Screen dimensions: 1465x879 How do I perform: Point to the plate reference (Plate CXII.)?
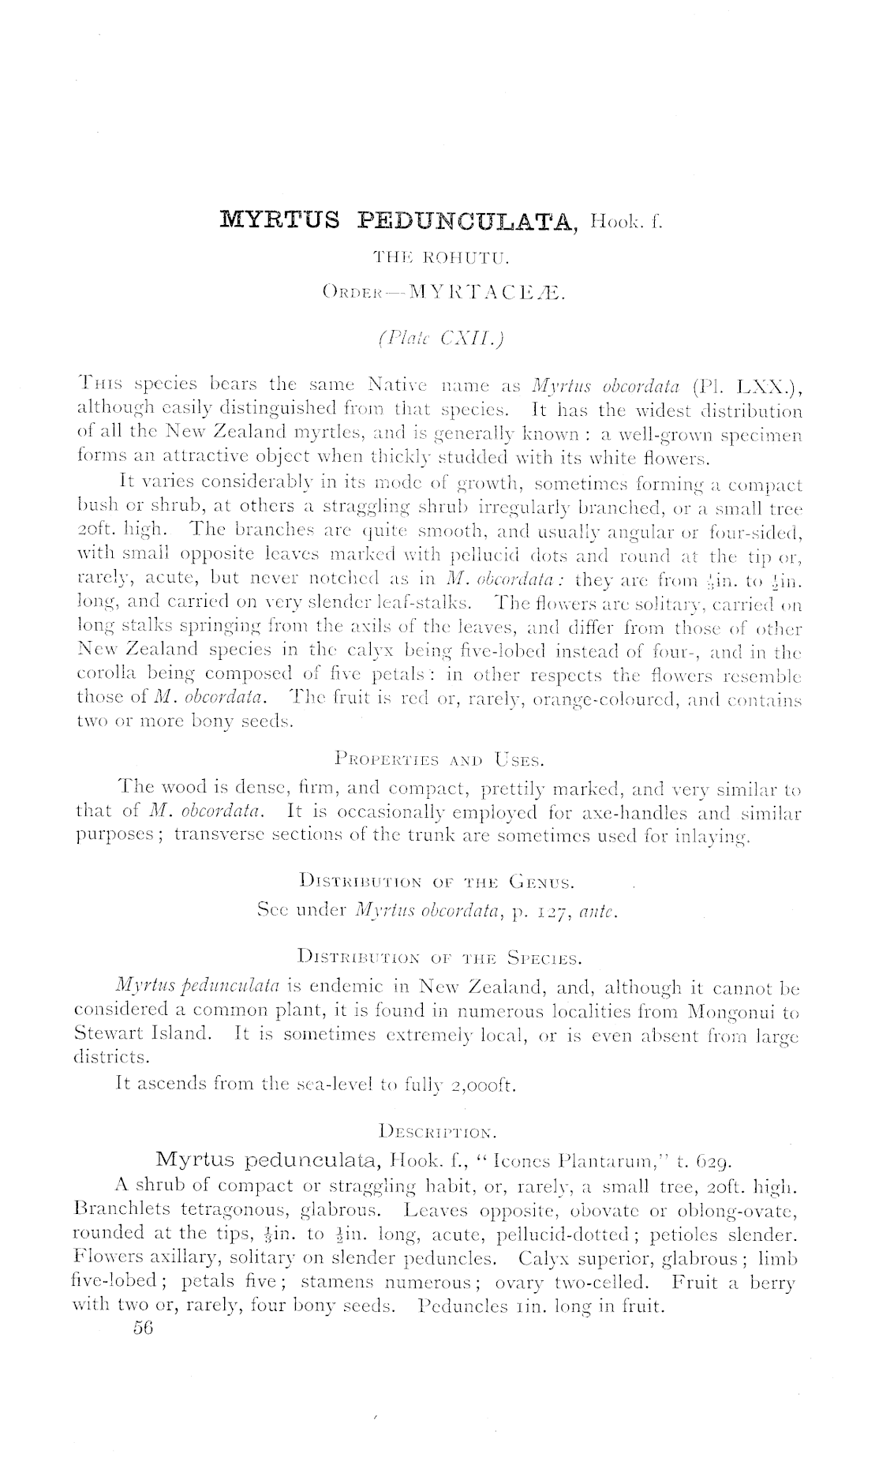(x=440, y=339)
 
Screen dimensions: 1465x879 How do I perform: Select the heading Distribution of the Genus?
(x=438, y=881)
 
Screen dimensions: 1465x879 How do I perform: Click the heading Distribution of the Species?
(x=438, y=960)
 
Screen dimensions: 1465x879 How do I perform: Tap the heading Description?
(x=438, y=1132)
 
